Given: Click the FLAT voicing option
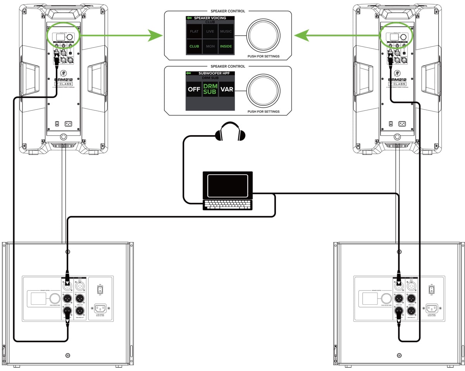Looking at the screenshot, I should coord(194,31).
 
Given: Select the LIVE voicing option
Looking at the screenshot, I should coord(210,31).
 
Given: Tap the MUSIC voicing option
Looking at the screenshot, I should coord(226,31).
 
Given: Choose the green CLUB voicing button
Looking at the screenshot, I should coord(194,46).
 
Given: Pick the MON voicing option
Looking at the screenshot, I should coord(210,46).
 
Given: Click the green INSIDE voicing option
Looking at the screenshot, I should coord(226,46).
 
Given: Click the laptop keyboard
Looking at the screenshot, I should coord(228,204).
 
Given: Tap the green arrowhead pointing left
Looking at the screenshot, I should coord(300,36).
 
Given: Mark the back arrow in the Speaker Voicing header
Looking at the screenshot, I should coord(189,18).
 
